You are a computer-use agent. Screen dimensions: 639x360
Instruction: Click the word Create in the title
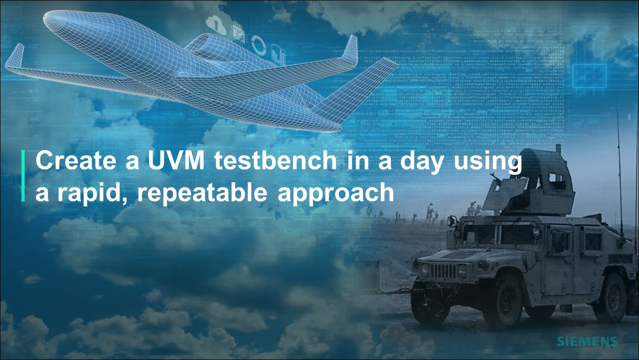pyautogui.click(x=76, y=161)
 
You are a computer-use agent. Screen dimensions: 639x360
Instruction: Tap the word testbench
pyautogui.click(x=276, y=161)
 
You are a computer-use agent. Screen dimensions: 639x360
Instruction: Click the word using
pyautogui.click(x=488, y=163)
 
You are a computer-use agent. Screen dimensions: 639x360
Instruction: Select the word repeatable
pyautogui.click(x=202, y=193)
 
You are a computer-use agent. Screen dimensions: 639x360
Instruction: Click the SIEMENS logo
pyautogui.click(x=587, y=342)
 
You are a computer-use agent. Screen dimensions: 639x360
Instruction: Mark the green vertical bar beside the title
pyautogui.click(x=23, y=176)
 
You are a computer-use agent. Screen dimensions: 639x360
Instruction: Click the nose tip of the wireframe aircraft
pyautogui.click(x=45, y=17)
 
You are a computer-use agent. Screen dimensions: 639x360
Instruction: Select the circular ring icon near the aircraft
pyautogui.click(x=259, y=45)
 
